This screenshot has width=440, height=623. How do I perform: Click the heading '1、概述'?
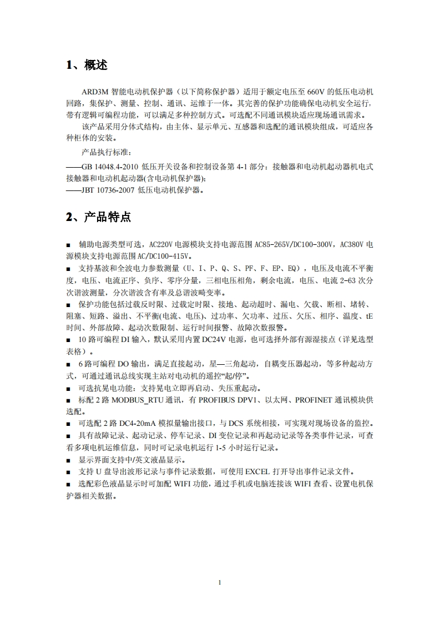tap(87, 65)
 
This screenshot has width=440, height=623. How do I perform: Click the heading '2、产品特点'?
tap(98, 217)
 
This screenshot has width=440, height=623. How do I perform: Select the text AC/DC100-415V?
tap(164, 256)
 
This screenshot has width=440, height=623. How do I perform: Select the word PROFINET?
tap(314, 399)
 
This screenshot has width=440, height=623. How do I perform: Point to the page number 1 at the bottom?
tap(220, 582)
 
